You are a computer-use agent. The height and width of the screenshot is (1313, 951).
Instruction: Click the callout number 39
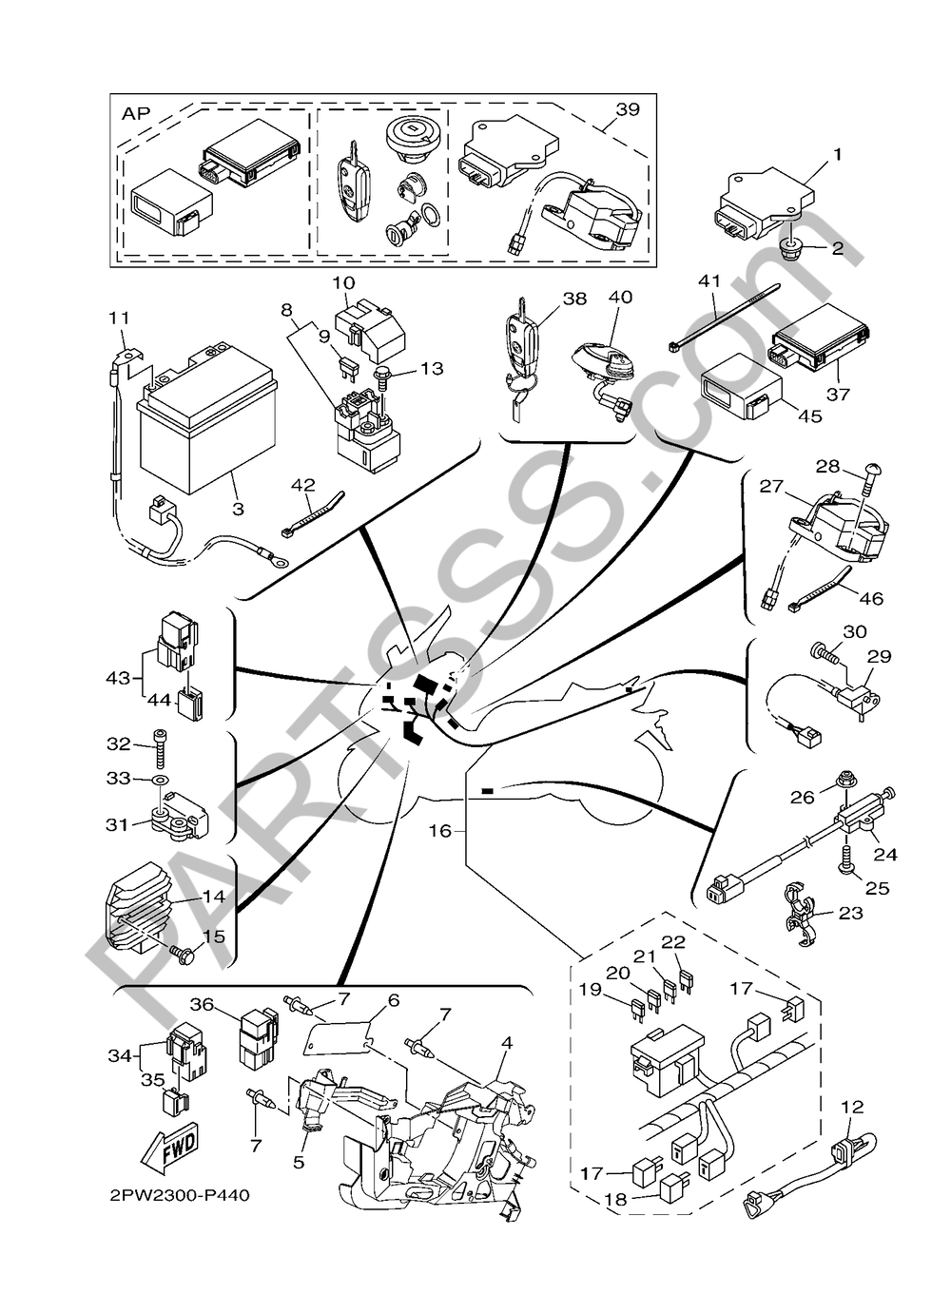pos(627,109)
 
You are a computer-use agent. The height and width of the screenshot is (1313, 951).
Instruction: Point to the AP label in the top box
pos(137,113)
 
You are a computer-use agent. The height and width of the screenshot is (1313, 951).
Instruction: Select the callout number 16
pos(438,830)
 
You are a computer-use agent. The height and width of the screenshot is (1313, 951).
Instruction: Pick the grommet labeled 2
pos(788,250)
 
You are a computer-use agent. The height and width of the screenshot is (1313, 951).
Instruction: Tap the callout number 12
pos(852,1107)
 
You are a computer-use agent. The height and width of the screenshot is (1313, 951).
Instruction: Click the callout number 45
pos(809,415)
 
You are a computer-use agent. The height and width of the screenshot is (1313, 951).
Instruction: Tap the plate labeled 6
pos(339,1036)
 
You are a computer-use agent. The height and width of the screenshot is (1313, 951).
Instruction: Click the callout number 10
pos(343,282)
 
